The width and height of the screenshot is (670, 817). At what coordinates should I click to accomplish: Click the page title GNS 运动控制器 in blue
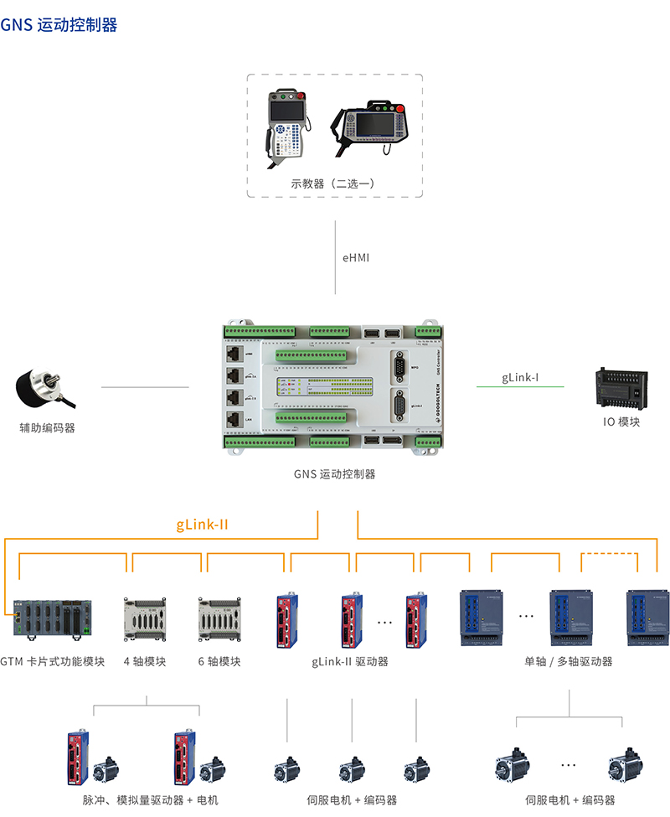59,24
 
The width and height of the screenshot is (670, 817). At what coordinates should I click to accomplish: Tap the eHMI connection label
355,257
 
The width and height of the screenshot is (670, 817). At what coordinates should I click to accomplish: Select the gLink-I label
520,378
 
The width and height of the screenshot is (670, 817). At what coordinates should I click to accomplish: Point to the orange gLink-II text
202,525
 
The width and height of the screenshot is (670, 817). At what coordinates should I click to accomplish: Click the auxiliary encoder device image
43,390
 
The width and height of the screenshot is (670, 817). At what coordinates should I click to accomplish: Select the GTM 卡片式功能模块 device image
54,621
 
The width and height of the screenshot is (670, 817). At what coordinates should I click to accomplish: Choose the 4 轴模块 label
145,661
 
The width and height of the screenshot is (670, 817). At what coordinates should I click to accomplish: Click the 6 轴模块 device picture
219,620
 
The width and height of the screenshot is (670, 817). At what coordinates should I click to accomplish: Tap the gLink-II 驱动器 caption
350,661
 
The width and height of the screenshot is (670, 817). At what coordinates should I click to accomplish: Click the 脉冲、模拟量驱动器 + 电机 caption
145,800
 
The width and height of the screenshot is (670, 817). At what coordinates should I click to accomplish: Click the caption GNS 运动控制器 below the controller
334,473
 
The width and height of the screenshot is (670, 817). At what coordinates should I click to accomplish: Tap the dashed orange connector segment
609,554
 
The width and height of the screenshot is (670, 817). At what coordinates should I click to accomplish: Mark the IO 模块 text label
621,421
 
